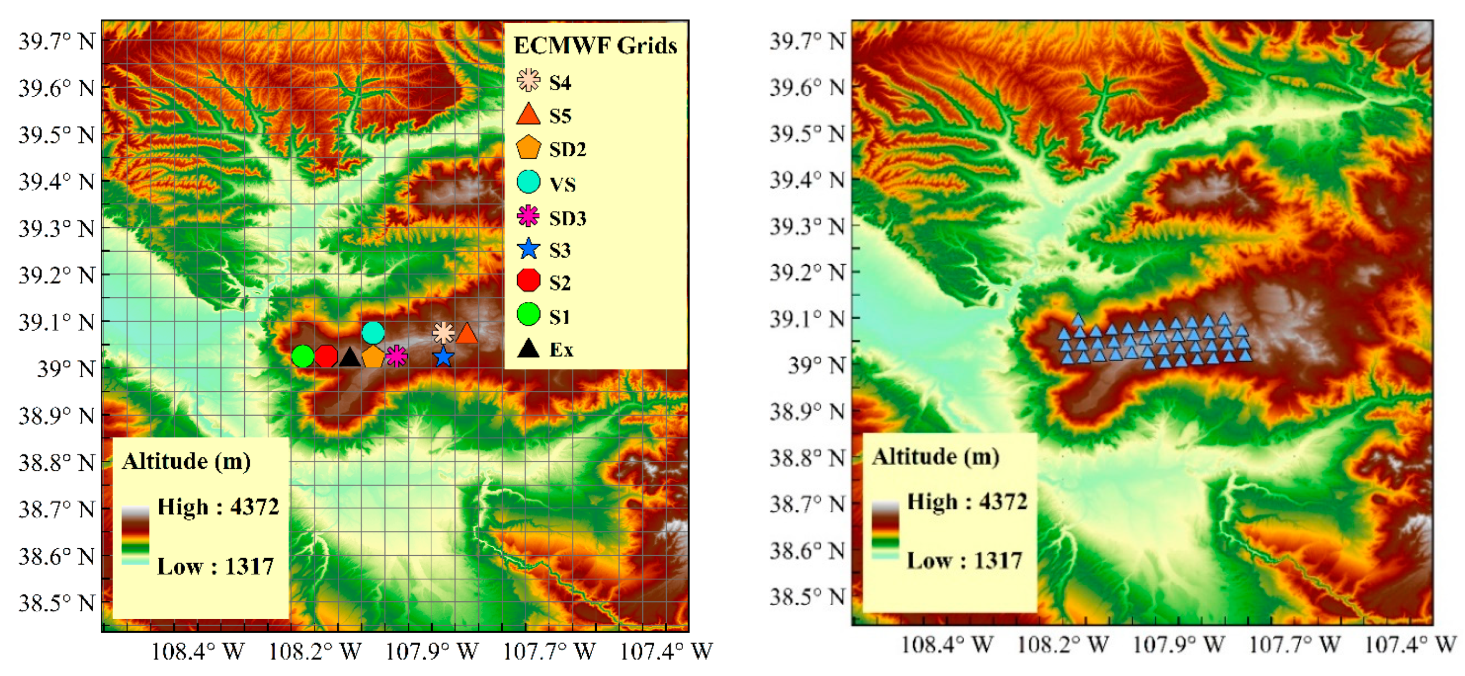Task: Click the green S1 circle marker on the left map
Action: (x=303, y=357)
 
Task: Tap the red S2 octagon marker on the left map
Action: (x=326, y=357)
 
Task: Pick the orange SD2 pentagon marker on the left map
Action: (x=373, y=357)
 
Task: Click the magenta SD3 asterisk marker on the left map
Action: (x=396, y=357)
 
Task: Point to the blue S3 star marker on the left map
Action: (x=443, y=357)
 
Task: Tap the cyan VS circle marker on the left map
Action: (x=373, y=333)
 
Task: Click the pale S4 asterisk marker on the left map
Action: (x=443, y=333)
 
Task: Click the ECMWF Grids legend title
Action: (x=595, y=45)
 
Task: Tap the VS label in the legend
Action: (x=563, y=184)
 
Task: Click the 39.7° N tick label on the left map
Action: (x=57, y=41)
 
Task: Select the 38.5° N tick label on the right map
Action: (x=808, y=596)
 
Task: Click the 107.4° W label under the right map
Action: (x=1410, y=644)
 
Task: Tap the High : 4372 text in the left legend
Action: (x=218, y=507)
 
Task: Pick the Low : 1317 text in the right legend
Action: (x=965, y=561)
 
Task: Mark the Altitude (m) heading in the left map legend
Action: (x=186, y=461)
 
